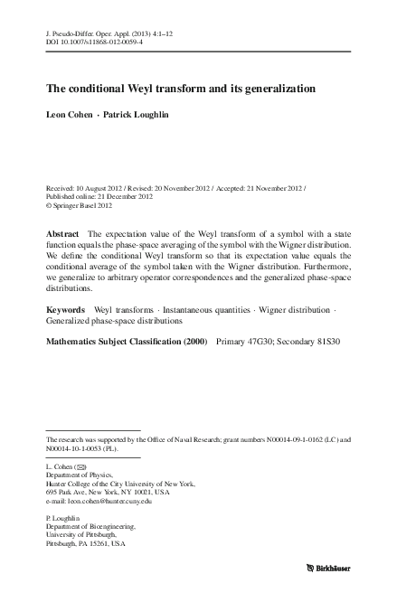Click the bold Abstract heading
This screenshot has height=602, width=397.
(x=62, y=233)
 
